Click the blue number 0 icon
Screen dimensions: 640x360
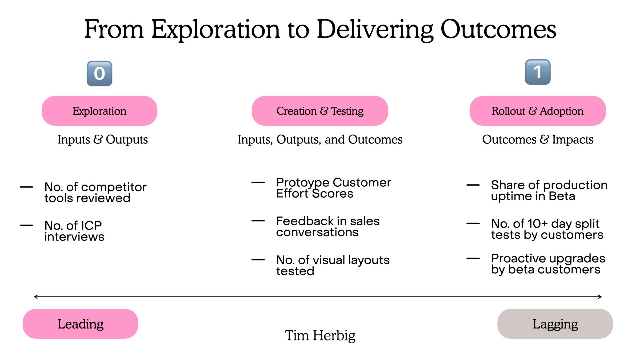(99, 74)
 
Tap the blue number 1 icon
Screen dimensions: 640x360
(538, 72)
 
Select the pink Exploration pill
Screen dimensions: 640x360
(99, 111)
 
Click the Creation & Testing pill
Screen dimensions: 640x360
(320, 111)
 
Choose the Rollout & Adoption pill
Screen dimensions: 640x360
(538, 111)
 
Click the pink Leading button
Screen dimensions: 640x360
(81, 324)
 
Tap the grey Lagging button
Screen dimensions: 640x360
(555, 324)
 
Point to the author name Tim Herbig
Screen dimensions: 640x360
(320, 335)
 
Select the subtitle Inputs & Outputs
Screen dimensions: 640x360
(103, 139)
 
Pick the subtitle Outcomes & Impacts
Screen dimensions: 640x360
(538, 139)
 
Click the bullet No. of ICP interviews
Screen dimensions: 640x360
(74, 231)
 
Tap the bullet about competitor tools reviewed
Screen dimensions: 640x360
(95, 192)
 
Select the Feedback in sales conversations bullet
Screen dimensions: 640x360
(328, 227)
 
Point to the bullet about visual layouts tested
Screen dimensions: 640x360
(333, 265)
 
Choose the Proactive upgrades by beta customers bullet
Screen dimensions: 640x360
(548, 264)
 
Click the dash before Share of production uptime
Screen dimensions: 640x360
(473, 185)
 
